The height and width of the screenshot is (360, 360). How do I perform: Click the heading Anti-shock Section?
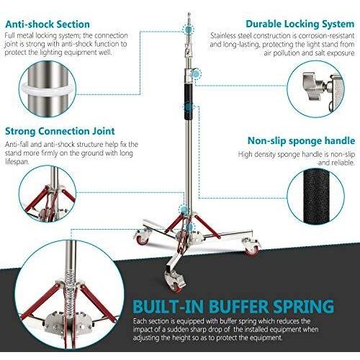[x=48, y=24]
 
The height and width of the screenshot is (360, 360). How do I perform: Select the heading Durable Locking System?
[x=300, y=24]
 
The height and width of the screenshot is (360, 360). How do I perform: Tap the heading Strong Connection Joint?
[x=60, y=131]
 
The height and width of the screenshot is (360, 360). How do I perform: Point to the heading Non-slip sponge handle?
[x=301, y=140]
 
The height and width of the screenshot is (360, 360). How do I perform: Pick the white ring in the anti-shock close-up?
[x=48, y=89]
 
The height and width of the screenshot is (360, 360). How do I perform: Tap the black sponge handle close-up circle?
[x=315, y=197]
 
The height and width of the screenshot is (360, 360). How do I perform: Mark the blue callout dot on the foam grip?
[x=188, y=107]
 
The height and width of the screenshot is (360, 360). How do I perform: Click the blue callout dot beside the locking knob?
[x=197, y=74]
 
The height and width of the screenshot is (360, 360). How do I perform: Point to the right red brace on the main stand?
[x=207, y=227]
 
